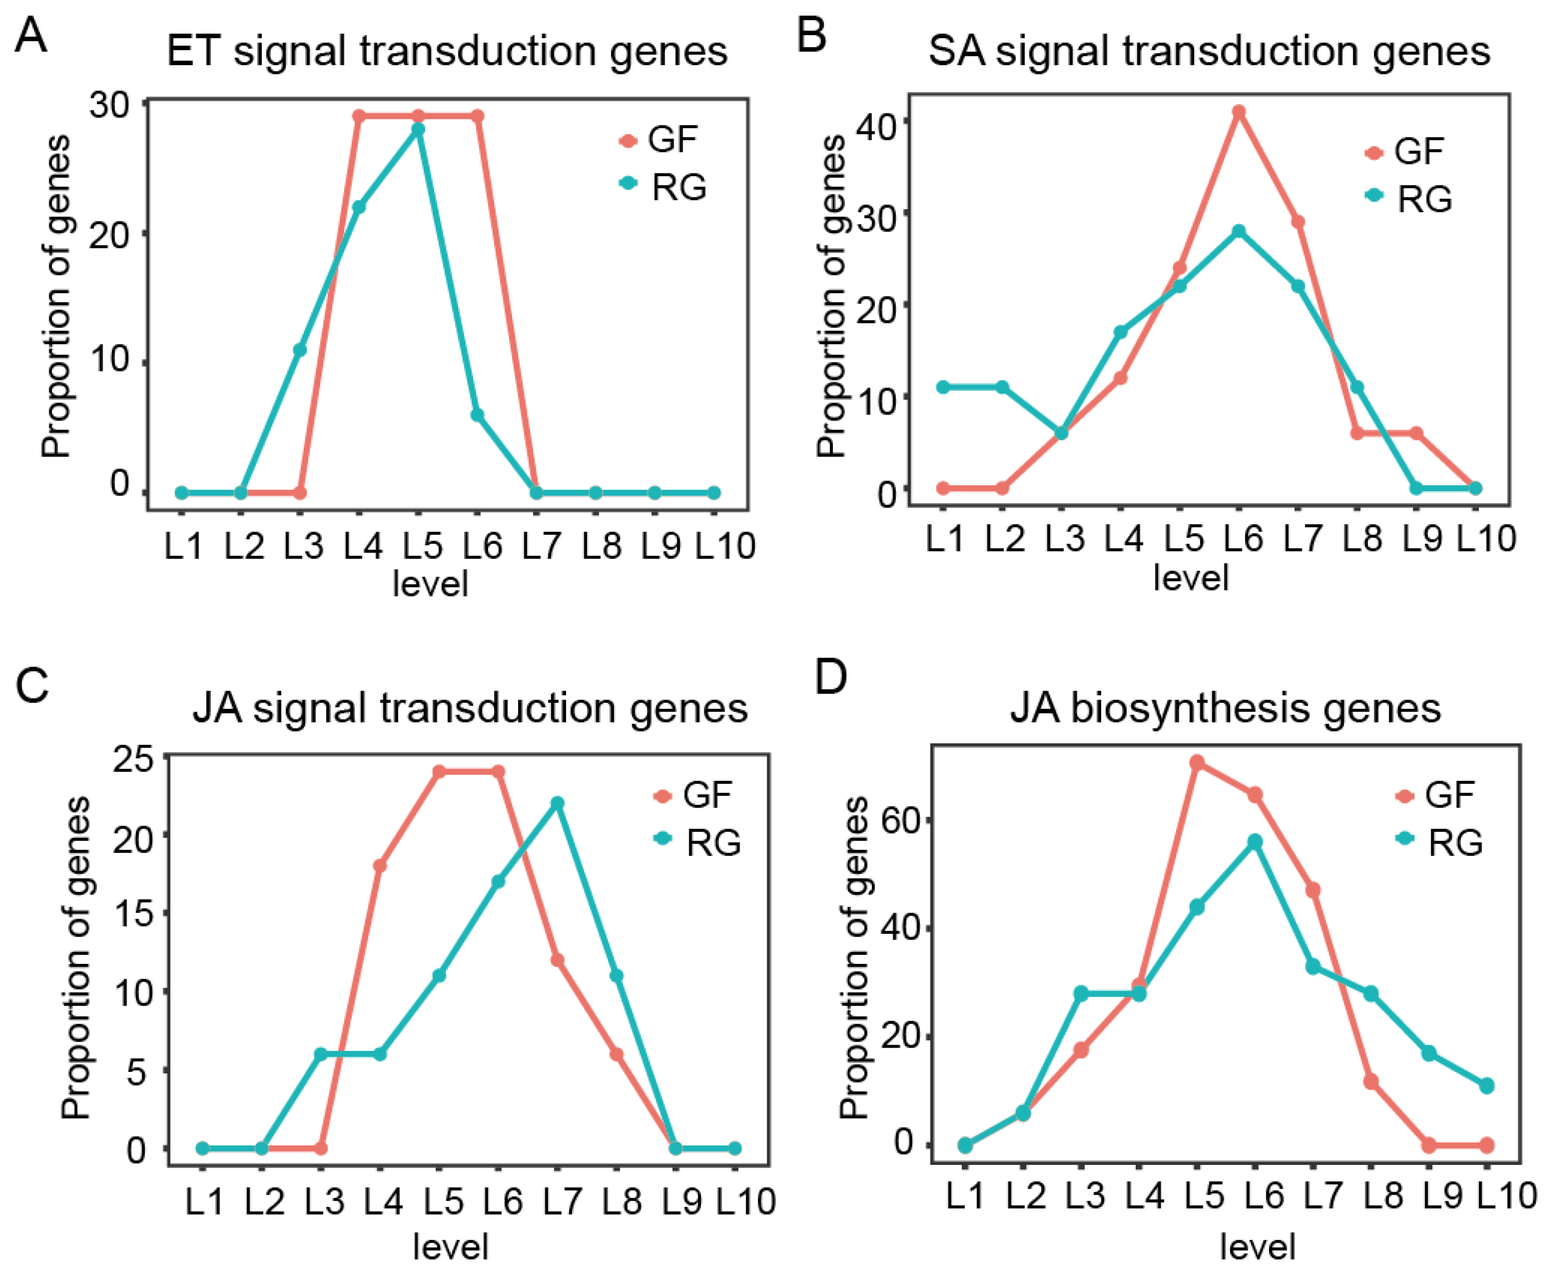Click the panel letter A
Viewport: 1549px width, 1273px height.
coord(31,35)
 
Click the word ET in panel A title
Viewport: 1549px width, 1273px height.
coord(194,51)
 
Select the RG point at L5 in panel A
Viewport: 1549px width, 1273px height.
coord(418,129)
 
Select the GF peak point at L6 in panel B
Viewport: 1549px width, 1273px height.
coord(1239,112)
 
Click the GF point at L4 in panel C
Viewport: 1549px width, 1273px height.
coord(380,866)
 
